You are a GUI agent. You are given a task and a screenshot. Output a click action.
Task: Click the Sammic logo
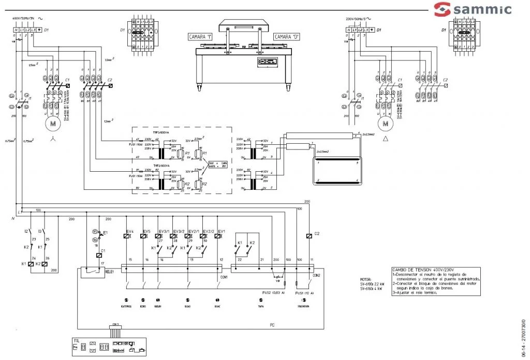pyautogui.click(x=472, y=9)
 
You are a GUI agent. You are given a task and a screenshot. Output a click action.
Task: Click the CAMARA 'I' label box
pyautogui.click(x=202, y=37)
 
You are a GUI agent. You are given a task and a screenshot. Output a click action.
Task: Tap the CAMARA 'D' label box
pyautogui.click(x=283, y=37)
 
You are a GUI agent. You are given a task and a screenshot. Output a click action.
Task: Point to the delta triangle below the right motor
pyautogui.click(x=385, y=140)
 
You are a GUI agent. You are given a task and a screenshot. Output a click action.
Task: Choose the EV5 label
pyautogui.click(x=146, y=231)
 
